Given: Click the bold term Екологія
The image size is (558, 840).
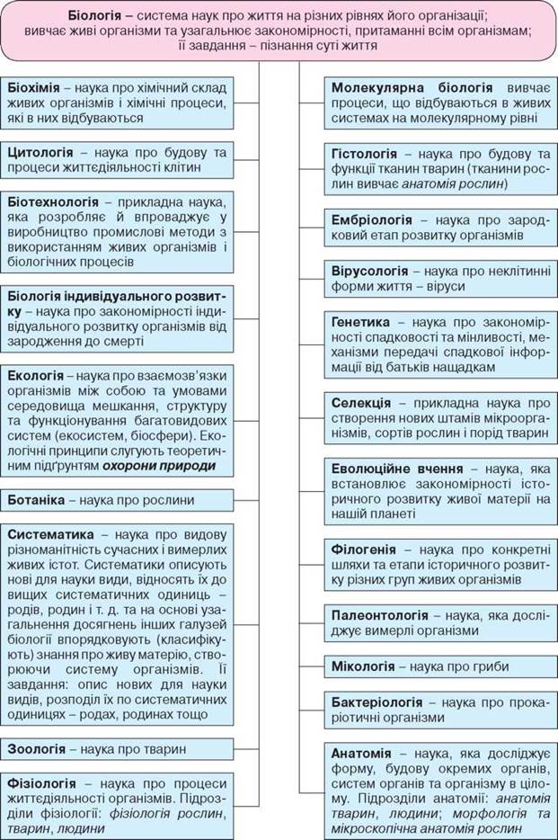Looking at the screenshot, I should tap(35, 374).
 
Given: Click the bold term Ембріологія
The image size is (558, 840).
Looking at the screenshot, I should tap(372, 219).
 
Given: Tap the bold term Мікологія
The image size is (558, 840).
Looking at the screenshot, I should tap(364, 666).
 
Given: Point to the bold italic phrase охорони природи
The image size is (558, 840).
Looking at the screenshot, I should tap(159, 466).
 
